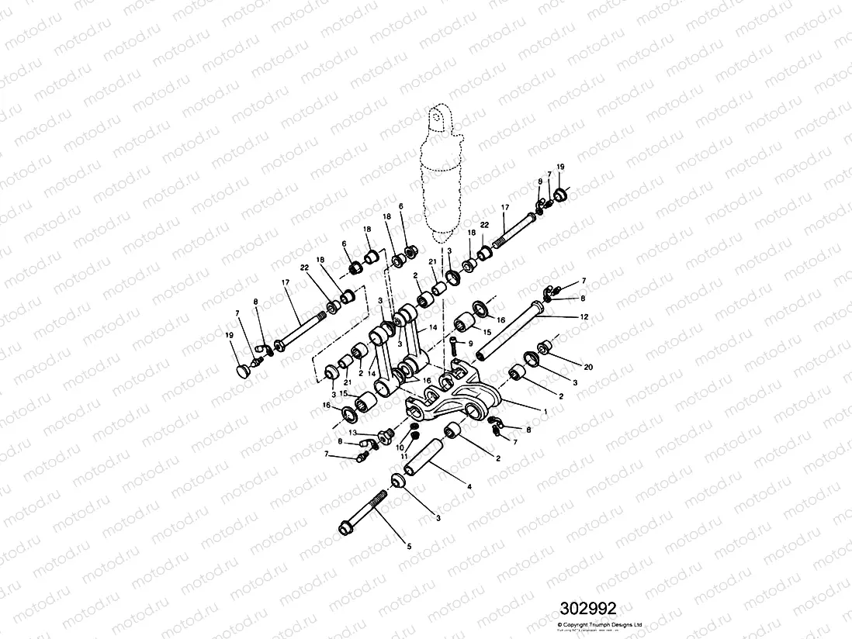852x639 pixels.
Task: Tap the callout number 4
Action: (468, 486)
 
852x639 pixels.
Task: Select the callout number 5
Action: (409, 546)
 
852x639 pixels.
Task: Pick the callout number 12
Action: (584, 316)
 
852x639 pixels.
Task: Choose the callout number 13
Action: (352, 432)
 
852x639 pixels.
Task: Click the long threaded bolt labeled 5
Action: (365, 514)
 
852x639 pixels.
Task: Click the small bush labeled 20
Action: (546, 345)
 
